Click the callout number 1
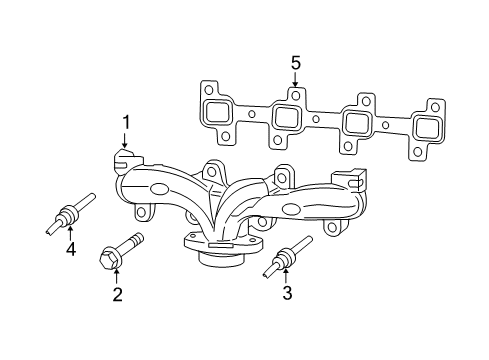126,123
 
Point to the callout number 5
296,63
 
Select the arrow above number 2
117,274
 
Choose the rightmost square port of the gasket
428,128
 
